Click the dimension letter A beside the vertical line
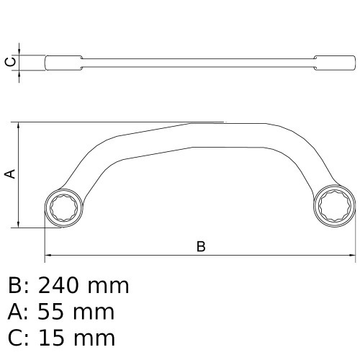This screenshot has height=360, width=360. [9, 174]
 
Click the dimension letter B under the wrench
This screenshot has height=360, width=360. [202, 246]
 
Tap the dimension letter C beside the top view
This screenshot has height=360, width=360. [9, 62]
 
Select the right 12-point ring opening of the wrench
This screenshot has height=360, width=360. [336, 207]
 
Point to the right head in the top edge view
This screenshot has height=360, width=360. [330, 62]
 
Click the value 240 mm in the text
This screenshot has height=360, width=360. [82, 287]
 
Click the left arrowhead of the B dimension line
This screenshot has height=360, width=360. [48, 255]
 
